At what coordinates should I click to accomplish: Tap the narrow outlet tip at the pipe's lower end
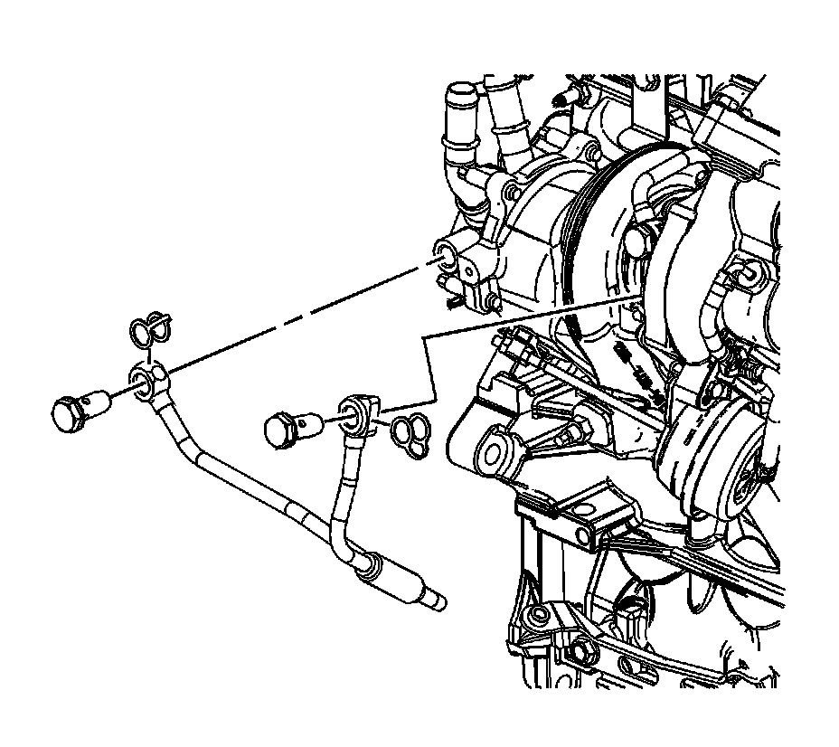tap(436, 599)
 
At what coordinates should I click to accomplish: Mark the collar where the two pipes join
tap(368, 568)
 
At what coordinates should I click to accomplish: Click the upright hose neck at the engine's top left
tap(459, 113)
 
